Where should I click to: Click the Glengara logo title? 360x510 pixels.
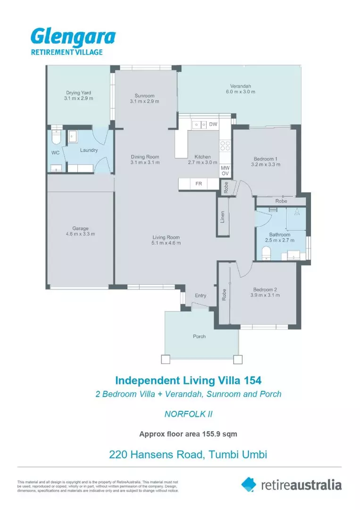pos(73,37)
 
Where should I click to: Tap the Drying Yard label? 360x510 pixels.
pos(78,93)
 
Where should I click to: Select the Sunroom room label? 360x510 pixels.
pos(145,95)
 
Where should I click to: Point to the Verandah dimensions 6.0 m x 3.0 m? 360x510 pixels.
pos(240,92)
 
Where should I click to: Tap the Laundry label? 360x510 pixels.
pos(89,150)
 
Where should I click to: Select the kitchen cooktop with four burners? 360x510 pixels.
pos(225,145)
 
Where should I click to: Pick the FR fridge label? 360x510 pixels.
pos(199,184)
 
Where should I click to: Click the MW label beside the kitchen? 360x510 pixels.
pos(225,168)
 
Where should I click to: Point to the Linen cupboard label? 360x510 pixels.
pos(223,217)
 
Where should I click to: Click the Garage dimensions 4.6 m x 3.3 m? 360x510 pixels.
pos(80,234)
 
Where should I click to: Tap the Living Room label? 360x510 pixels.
pos(166,237)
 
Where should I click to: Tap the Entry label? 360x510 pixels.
pos(201,296)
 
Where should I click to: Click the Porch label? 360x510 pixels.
pos(199,337)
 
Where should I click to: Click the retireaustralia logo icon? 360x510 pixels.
pos(249,484)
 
